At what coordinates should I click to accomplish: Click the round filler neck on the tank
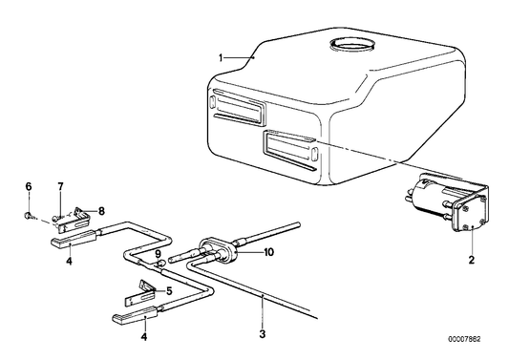351,45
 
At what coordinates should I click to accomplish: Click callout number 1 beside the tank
221,58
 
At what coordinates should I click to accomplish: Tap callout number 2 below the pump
472,260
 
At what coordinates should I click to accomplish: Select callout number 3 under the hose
263,333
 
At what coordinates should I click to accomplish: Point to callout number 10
269,252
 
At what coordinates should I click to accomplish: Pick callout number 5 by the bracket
169,291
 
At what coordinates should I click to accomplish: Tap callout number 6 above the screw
29,186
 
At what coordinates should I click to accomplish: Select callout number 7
60,186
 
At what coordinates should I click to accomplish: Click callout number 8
101,211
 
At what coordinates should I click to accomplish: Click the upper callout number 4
69,261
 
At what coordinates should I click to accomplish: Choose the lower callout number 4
144,337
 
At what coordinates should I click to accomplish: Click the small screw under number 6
29,215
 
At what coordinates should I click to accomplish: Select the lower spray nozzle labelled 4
135,315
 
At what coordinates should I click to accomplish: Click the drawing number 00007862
464,339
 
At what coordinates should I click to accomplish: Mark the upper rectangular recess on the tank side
239,107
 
